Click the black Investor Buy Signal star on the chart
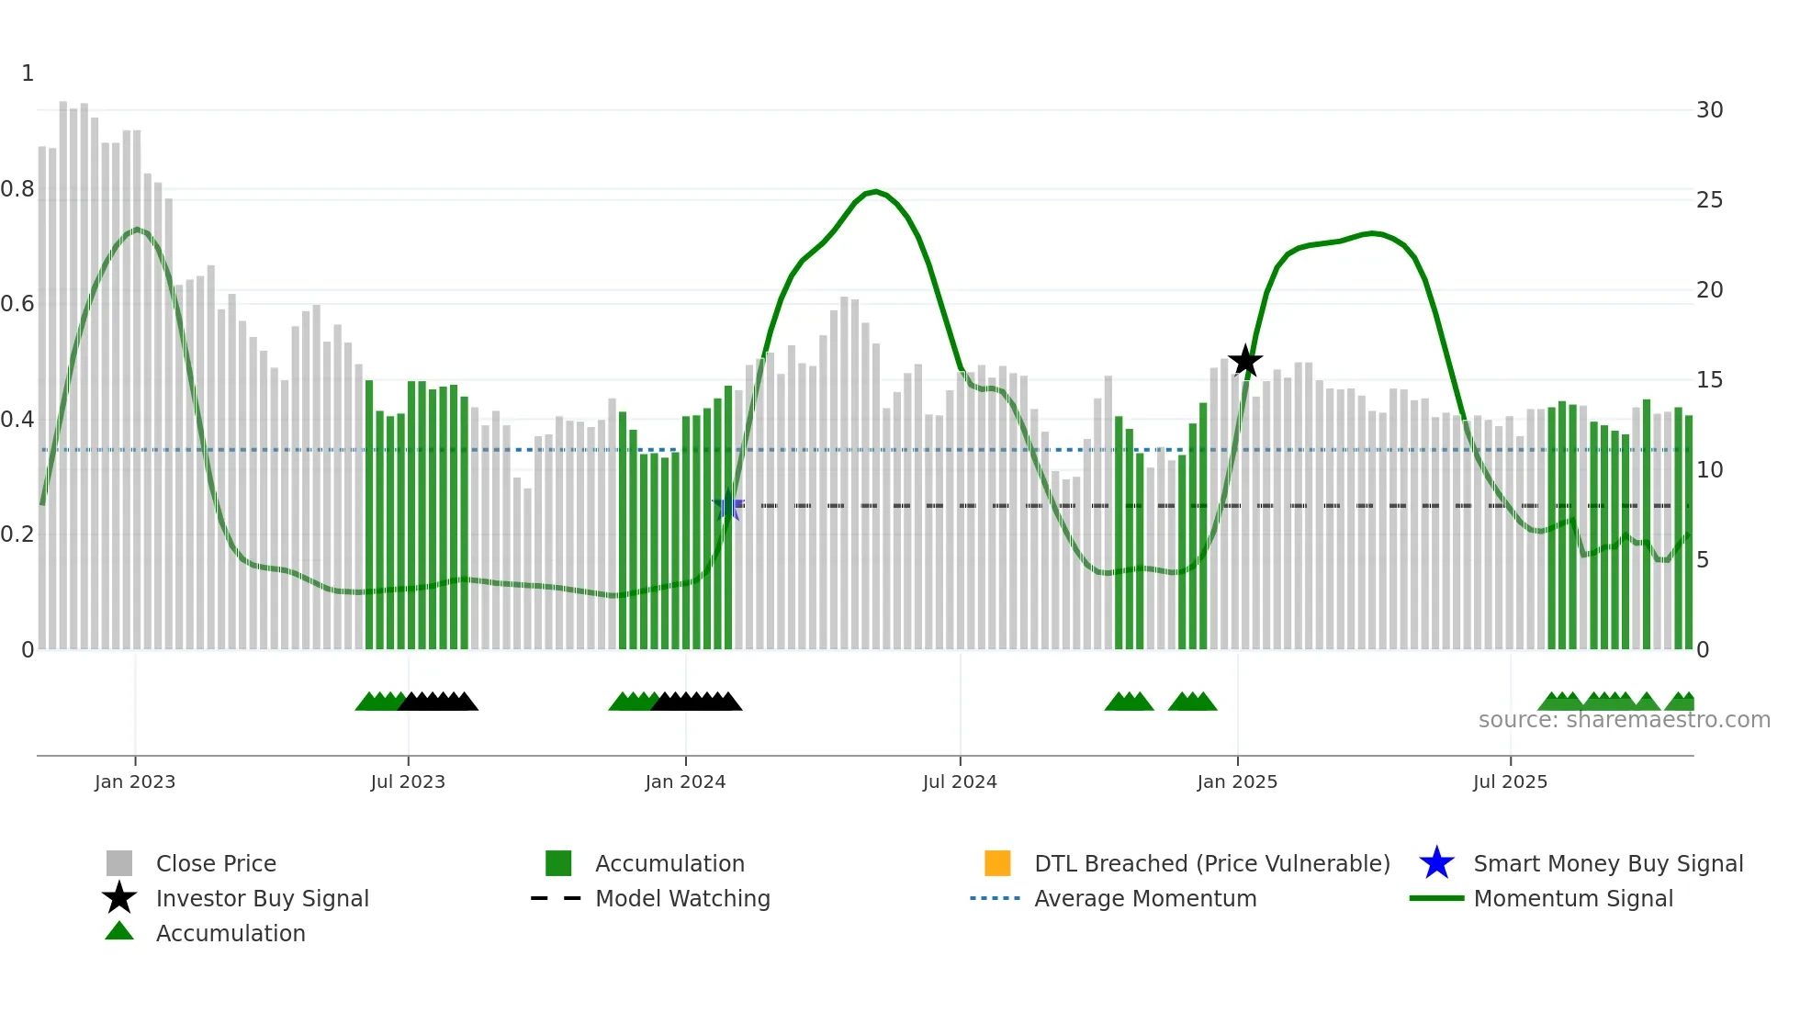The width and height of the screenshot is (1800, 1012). (x=1245, y=361)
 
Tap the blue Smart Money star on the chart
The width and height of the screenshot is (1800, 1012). (x=728, y=505)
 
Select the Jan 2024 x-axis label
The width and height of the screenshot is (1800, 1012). (x=685, y=781)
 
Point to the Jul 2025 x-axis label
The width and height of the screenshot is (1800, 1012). (x=1510, y=781)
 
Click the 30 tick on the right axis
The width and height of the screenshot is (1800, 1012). (x=1709, y=110)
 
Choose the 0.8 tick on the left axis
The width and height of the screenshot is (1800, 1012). (x=17, y=189)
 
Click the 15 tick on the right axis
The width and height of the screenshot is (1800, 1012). (x=1709, y=380)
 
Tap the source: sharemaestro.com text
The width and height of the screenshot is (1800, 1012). (x=1624, y=720)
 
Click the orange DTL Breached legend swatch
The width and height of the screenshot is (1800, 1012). (x=997, y=863)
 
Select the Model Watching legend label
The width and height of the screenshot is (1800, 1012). (x=682, y=898)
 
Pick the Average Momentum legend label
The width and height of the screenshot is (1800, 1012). (x=1145, y=898)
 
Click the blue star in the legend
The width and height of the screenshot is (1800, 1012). (x=1436, y=863)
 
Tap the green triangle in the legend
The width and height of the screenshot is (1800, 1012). (x=119, y=932)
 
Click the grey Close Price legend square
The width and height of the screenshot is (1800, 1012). (x=119, y=863)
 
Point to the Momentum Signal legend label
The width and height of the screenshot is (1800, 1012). (x=1573, y=898)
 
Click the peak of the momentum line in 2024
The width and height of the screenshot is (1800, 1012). (x=875, y=191)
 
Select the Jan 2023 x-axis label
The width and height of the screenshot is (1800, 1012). (x=135, y=781)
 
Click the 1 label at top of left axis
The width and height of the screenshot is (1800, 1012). (x=28, y=73)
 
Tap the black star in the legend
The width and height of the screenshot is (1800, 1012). (x=119, y=898)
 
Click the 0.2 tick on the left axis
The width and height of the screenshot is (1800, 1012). (x=17, y=534)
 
